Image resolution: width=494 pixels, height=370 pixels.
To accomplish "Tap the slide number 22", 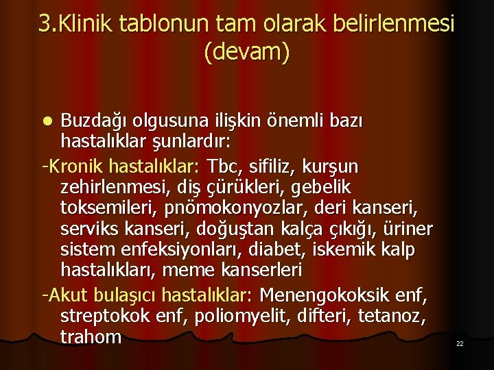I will click(x=460, y=343).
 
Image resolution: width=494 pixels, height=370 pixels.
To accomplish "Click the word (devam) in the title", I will click(x=247, y=51).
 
